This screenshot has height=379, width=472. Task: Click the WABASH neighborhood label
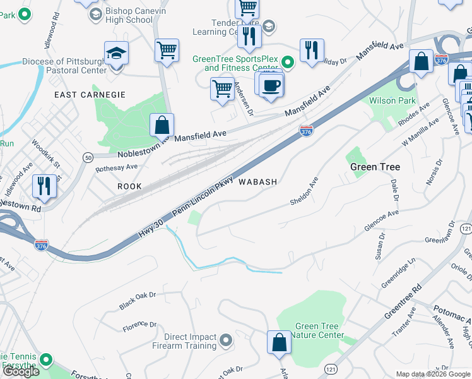(x=257, y=182)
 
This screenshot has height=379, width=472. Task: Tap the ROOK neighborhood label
(x=129, y=186)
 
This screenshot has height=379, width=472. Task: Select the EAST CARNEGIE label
(x=90, y=95)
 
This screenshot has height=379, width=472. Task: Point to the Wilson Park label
(x=392, y=100)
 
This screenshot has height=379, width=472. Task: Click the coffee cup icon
(x=271, y=85)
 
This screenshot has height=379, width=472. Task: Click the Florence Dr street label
(x=139, y=326)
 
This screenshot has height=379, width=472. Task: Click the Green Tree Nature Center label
(x=319, y=330)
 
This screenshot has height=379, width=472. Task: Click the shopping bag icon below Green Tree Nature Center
(x=278, y=343)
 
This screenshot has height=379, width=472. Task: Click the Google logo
(x=21, y=371)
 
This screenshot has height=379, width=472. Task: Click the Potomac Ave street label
(x=452, y=313)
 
